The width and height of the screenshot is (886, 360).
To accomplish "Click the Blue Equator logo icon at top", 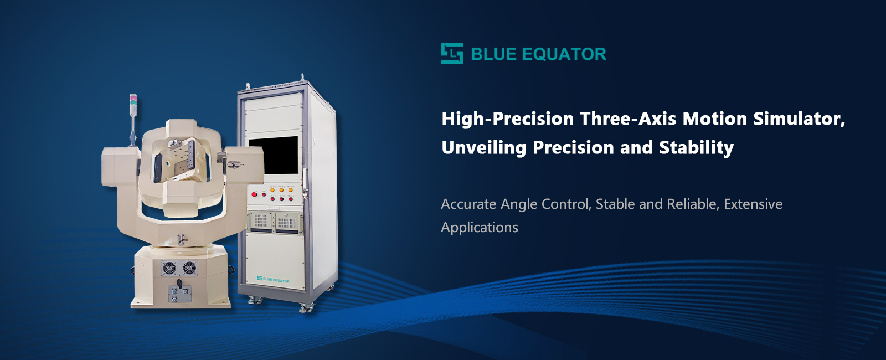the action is [x=452, y=53].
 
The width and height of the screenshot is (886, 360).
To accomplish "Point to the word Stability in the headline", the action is [x=697, y=148].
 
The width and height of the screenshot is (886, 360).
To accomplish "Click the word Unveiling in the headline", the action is [x=484, y=148].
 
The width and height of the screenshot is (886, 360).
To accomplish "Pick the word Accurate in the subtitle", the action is [x=468, y=204].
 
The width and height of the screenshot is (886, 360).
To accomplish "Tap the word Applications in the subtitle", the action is [x=480, y=228].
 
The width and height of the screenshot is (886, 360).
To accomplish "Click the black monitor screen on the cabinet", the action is [x=274, y=155].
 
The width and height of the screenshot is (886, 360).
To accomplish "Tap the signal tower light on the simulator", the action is [x=133, y=105].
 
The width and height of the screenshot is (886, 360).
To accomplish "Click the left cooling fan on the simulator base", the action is [x=169, y=269].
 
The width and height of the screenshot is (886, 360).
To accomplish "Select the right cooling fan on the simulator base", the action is [x=189, y=268].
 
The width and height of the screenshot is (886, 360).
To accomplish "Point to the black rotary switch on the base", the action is [x=179, y=284].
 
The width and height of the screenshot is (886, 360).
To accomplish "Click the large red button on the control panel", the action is [x=254, y=194].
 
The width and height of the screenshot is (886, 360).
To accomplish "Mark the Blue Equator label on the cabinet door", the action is [x=274, y=280].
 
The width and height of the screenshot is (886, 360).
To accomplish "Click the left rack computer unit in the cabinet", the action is [x=261, y=222].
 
